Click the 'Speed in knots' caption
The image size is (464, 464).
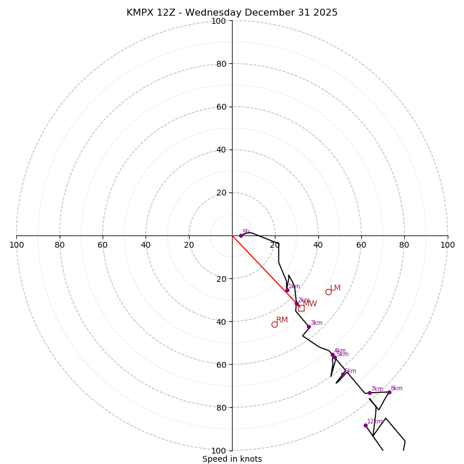coord(232,459)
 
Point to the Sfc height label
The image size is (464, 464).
coord(246,231)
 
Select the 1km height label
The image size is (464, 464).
coord(294,286)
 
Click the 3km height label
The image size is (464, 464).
coord(316,323)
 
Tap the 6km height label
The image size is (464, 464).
coord(350,371)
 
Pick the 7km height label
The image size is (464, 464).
coord(377,389)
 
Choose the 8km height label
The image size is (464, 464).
coord(396,389)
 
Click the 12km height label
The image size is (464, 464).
coord(375,422)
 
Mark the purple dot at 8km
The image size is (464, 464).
coord(389,392)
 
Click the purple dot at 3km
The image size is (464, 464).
coord(309,327)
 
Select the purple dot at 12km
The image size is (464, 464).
coord(365,425)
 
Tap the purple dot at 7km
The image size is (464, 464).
coord(369,393)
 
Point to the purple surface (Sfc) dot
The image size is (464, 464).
coord(241,235)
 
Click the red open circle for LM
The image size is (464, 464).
coord(328,292)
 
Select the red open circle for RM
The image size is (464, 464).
coord(274,324)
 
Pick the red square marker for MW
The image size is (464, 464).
coord(301,308)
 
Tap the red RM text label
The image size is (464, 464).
coord(282,320)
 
